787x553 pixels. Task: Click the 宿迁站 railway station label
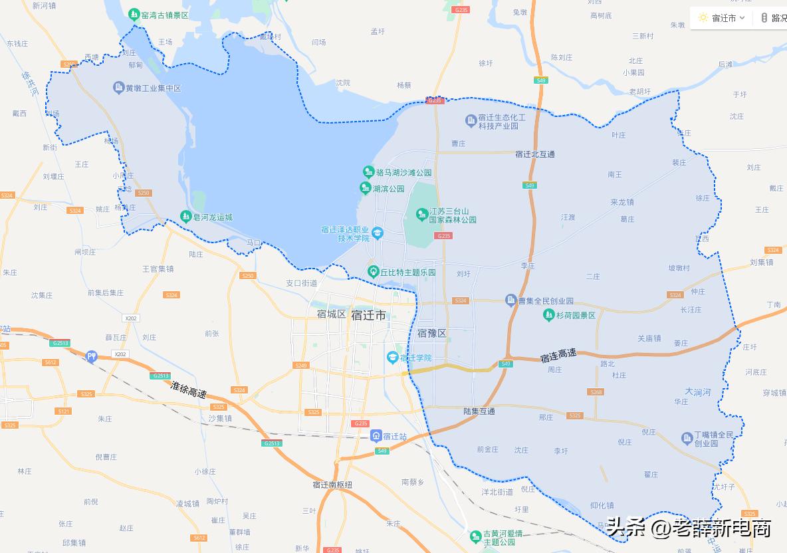[394, 437]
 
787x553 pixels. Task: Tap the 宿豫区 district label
[432, 333]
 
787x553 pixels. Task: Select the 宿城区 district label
[332, 314]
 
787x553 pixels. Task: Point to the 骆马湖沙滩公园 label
[403, 173]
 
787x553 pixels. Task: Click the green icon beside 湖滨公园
[365, 189]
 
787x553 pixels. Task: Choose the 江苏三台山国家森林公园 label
[453, 215]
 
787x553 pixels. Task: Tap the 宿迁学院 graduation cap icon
[393, 358]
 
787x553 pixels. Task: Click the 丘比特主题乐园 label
[408, 273]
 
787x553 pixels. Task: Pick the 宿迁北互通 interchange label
[535, 154]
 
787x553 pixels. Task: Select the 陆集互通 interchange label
[479, 411]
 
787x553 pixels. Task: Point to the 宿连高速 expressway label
[558, 356]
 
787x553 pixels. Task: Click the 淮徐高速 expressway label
[188, 389]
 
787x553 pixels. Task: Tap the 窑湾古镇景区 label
[165, 14]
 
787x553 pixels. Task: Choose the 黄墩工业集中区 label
[153, 88]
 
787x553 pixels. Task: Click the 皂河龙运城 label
[213, 217]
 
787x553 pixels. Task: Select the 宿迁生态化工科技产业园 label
[502, 122]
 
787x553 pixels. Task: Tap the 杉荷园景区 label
[576, 315]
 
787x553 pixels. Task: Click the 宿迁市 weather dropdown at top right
[728, 18]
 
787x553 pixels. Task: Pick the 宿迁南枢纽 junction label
[332, 485]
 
